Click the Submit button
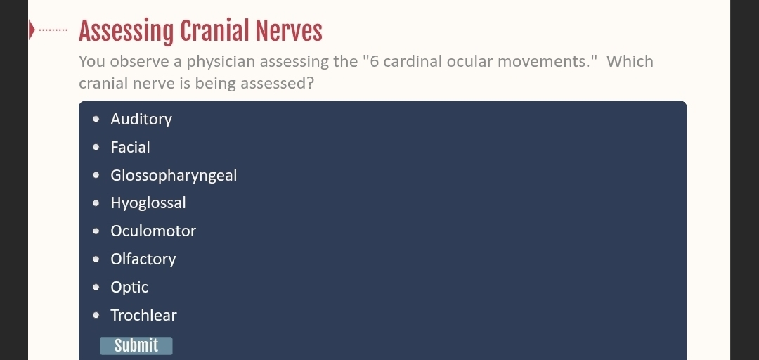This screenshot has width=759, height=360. coord(136,345)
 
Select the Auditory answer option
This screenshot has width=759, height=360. coord(141,120)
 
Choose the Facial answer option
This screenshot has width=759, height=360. coord(130,147)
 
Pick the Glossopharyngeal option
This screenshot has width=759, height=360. coord(174,175)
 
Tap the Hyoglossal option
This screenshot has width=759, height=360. coord(148,203)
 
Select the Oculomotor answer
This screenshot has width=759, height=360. coord(153,231)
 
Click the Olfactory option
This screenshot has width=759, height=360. coord(143,259)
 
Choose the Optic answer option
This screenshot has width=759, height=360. coord(129,288)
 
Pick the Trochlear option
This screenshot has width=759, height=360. coord(144,316)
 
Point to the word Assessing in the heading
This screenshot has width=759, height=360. coord(126,32)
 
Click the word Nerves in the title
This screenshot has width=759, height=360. coord(289,32)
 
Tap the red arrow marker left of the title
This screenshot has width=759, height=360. coord(32,30)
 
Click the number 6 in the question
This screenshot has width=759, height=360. coord(374,62)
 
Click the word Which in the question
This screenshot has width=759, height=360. coord(630,62)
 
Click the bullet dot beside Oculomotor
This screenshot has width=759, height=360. coord(96,231)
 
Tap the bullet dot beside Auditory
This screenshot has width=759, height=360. coord(96,120)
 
